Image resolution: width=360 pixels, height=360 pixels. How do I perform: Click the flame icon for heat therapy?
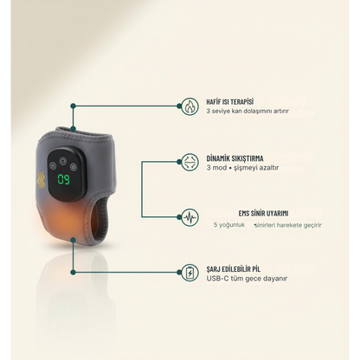coord(190,106)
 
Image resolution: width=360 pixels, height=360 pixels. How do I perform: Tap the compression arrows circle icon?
coord(190,162)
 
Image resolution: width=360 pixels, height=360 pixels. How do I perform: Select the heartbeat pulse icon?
coord(190,217)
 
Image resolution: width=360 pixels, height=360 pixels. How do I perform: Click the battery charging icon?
coord(190,273)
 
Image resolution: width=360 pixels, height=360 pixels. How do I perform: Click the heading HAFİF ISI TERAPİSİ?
coord(230,102)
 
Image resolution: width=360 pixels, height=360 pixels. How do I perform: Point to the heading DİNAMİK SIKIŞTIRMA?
coord(235,158)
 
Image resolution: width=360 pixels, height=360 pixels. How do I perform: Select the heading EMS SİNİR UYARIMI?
coord(263,214)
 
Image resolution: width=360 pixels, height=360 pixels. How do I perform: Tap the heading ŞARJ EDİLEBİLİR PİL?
coord(234,269)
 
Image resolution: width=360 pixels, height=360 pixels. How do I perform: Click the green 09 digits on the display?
coord(63,179)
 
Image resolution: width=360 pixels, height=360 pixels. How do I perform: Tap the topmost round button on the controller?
coord(62,161)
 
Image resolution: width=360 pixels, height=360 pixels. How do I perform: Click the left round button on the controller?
coord(52,166)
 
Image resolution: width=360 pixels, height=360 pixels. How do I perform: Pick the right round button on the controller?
coord(74,167)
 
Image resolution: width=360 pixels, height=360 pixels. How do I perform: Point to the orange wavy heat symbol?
coord(42,180)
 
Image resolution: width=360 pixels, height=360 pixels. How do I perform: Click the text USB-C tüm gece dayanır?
coord(247,279)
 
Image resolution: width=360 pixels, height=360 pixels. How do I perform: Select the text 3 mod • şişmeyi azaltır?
coord(242,168)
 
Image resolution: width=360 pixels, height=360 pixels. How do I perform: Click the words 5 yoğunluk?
coord(229,225)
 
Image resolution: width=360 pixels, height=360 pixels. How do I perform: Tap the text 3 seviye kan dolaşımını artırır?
coord(247,111)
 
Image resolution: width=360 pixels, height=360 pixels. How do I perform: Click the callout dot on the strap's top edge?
coord(74,129)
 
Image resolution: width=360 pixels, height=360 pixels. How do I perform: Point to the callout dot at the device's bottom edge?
coord(74,240)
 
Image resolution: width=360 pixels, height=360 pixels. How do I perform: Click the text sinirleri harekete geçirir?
coord(288,225)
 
